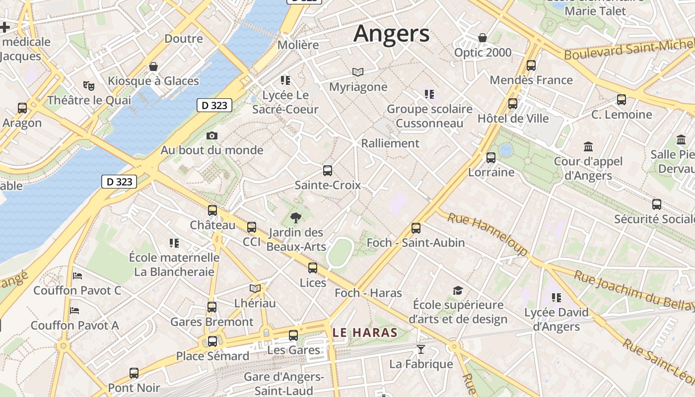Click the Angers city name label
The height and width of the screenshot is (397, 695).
(x=391, y=34)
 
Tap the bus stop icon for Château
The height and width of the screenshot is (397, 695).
(x=212, y=210)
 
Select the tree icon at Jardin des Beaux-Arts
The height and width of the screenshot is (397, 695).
(x=296, y=217)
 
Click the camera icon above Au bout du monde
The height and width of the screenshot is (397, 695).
(x=212, y=135)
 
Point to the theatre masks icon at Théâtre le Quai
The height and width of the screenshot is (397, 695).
(x=89, y=85)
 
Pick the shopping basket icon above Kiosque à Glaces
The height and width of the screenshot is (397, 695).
(x=153, y=66)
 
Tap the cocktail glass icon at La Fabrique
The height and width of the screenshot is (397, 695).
(x=420, y=349)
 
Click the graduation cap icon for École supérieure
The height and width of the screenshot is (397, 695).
(x=458, y=290)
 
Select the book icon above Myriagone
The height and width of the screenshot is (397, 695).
(x=358, y=72)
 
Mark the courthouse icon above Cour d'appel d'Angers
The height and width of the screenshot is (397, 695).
(x=589, y=146)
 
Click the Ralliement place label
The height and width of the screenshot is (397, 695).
(x=390, y=143)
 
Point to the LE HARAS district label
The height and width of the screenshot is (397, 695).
(x=365, y=332)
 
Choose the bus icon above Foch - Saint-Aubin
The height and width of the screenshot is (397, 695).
(x=416, y=228)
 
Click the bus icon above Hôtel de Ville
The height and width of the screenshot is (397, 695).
(x=513, y=104)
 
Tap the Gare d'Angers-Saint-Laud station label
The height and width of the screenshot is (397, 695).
(x=283, y=383)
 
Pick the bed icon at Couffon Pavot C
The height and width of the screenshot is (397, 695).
(x=77, y=275)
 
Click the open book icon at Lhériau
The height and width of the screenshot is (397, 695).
(x=255, y=288)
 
